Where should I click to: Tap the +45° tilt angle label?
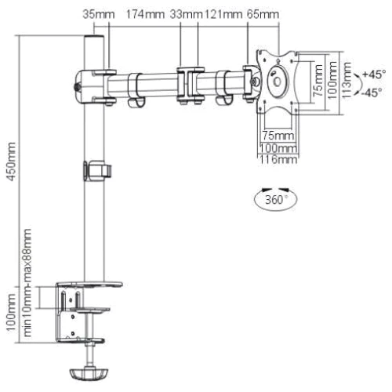(x=375, y=74)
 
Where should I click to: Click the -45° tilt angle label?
(x=375, y=90)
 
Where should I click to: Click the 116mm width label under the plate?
(x=278, y=160)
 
